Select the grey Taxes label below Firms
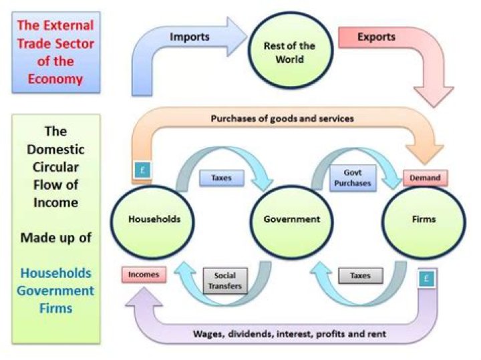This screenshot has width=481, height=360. coord(361,275)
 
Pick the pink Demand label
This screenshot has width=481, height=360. coord(425,178)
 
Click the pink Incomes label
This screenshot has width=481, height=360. coord(144,275)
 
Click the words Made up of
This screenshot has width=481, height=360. coord(55,237)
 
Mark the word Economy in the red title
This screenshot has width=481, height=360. coord(56,79)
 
